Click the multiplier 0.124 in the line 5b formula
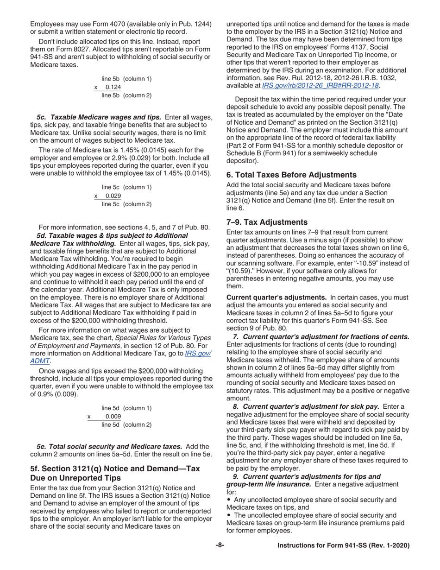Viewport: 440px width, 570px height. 113,88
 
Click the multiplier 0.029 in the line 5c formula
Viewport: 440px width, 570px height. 113,183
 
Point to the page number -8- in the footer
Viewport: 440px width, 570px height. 220,546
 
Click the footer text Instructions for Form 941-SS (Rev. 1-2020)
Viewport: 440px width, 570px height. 343,546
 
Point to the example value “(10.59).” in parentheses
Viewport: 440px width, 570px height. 240,271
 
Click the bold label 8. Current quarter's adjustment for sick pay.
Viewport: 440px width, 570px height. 306,406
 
